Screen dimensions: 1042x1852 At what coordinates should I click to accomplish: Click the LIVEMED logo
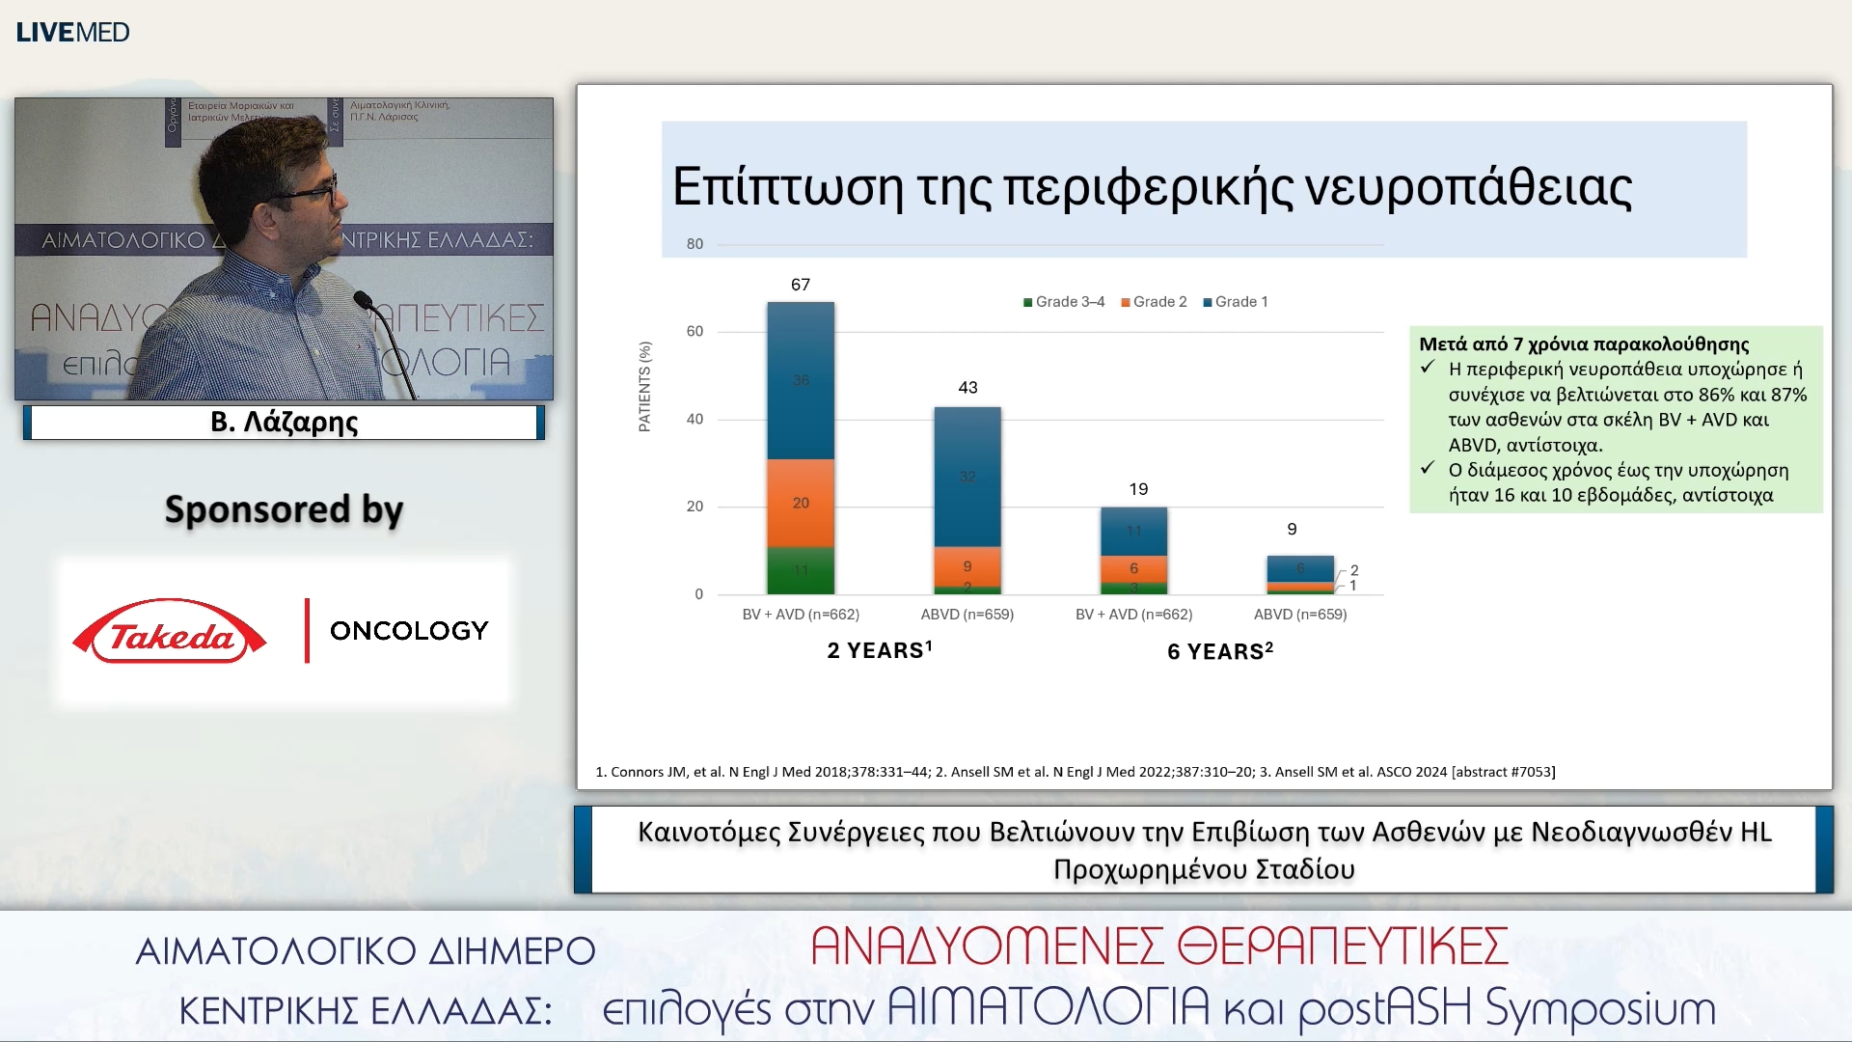(x=72, y=32)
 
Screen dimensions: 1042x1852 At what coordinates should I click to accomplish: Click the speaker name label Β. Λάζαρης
(x=284, y=423)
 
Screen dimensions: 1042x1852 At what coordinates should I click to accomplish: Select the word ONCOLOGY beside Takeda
(x=409, y=631)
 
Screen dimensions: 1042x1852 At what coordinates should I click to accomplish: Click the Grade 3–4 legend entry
(x=1064, y=302)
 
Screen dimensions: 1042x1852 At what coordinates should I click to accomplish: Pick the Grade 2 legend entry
(x=1154, y=302)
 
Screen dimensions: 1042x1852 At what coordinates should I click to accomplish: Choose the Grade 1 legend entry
(x=1236, y=302)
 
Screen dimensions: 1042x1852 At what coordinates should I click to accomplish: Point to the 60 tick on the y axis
(x=694, y=332)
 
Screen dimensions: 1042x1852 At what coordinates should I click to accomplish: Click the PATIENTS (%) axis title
(x=644, y=386)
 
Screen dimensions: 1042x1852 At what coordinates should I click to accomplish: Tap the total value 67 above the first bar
(x=801, y=285)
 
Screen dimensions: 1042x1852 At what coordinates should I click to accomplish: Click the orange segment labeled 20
(x=801, y=503)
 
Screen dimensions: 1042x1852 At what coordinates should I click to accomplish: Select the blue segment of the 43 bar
(x=967, y=477)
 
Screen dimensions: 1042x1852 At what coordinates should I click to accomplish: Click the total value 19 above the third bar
(x=1138, y=489)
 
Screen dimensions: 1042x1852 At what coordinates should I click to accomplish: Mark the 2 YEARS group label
(x=879, y=650)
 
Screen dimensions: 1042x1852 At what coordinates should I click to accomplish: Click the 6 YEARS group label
(x=1220, y=651)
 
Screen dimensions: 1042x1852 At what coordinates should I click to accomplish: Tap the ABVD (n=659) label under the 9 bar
(x=1299, y=615)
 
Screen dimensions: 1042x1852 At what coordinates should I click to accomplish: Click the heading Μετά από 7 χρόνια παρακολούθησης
(x=1584, y=344)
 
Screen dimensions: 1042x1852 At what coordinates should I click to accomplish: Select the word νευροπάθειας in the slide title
(x=1468, y=186)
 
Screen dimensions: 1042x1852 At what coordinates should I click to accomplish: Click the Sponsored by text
(x=284, y=509)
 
